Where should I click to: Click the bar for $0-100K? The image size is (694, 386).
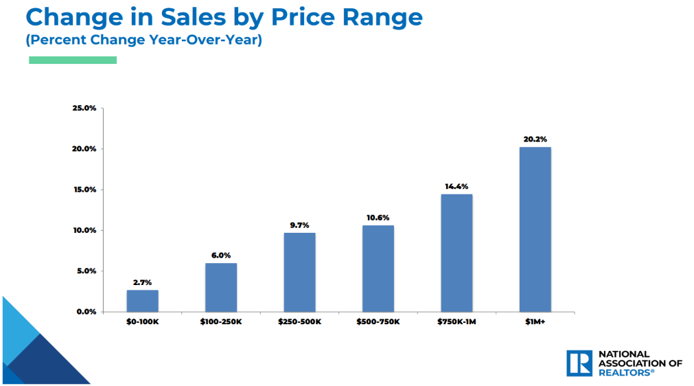click(x=142, y=301)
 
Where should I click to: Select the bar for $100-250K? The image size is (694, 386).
click(x=221, y=287)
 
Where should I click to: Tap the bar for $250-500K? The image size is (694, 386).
click(x=299, y=272)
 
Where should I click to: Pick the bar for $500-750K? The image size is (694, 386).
click(x=378, y=269)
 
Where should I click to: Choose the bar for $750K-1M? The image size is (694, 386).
click(x=456, y=253)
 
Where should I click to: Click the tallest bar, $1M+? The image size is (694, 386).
click(x=535, y=229)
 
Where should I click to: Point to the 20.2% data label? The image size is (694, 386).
click(x=535, y=139)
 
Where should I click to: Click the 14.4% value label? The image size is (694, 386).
click(x=456, y=186)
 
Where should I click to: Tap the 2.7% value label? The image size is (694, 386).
click(x=142, y=282)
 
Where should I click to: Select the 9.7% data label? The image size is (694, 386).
click(x=299, y=225)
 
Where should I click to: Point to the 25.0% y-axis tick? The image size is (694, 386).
click(x=84, y=109)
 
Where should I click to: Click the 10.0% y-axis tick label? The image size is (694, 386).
click(x=84, y=230)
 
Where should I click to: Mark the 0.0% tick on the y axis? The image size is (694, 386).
click(x=86, y=312)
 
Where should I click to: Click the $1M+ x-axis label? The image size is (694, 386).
click(x=535, y=321)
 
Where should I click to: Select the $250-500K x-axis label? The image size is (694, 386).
click(x=299, y=321)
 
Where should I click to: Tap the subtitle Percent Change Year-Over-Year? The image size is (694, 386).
click(x=144, y=40)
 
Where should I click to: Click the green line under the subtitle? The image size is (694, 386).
click(x=73, y=60)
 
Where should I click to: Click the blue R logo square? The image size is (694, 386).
click(x=579, y=363)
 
